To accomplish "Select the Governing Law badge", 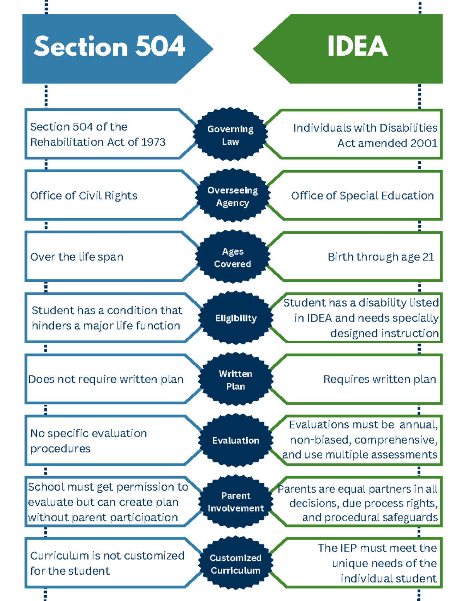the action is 230,134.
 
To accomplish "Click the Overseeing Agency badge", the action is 232,195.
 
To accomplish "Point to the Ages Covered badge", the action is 232,257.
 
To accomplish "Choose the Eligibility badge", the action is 236,318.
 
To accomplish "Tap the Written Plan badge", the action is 236,380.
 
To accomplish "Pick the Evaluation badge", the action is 236,440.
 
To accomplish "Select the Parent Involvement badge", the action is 236,502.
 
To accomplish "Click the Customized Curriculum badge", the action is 236,563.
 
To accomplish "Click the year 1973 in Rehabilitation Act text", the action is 154,142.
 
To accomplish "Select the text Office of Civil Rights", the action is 84,196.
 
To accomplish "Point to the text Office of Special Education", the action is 363,196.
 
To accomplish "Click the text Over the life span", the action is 77,257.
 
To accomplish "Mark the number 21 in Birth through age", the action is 428,257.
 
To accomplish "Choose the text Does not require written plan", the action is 106,380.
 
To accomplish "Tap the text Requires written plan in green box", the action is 380,380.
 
